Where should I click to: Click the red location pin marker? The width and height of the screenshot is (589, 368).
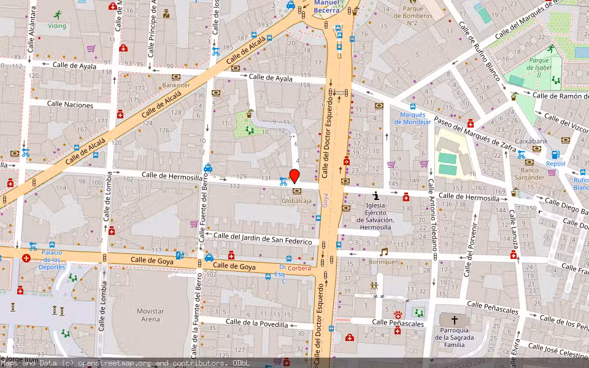[294, 175]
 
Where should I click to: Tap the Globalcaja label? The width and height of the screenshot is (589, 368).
[297, 201]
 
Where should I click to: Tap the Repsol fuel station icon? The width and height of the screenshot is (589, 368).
[555, 155]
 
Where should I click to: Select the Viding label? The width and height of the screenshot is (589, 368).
[58, 26]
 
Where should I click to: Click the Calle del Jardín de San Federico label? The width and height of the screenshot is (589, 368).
[263, 238]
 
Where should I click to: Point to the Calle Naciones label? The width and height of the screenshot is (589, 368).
[70, 105]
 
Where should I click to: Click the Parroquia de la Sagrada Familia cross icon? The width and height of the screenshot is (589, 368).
[455, 320]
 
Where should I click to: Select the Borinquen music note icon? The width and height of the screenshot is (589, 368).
[384, 252]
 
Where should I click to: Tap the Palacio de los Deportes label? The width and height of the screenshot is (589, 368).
[52, 259]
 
